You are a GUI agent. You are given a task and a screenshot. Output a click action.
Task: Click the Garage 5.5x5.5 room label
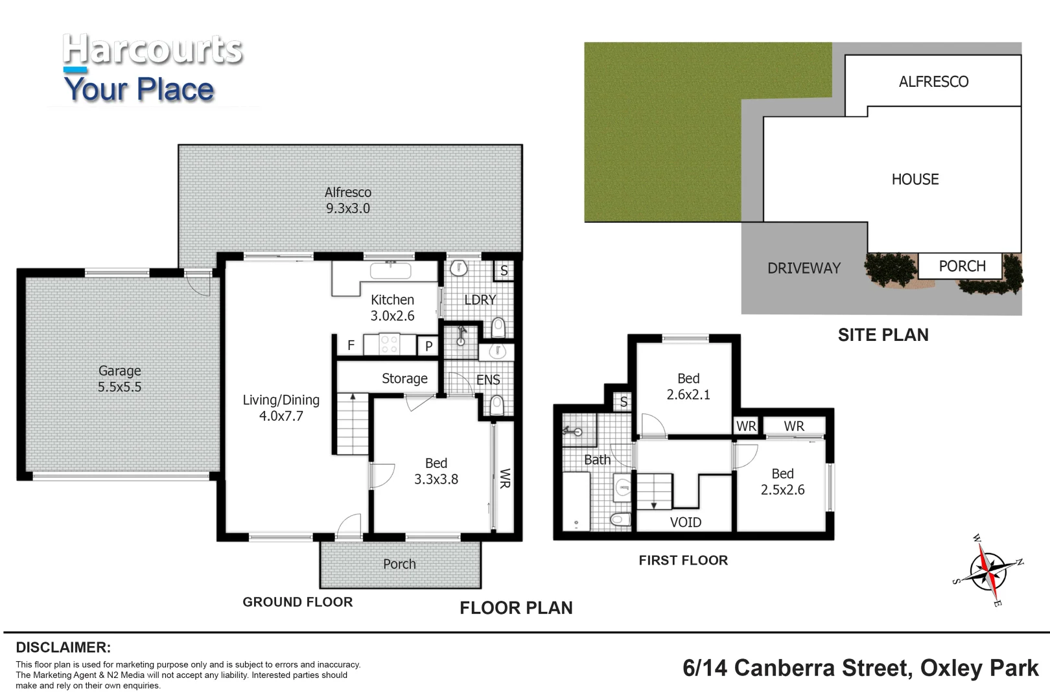(x=119, y=379)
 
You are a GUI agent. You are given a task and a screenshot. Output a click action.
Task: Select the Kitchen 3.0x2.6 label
(x=392, y=308)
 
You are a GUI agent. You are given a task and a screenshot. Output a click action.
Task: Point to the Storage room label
(x=404, y=379)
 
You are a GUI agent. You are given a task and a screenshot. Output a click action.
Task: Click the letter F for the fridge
(x=351, y=346)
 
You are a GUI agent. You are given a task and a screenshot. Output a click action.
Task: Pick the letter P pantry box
(x=428, y=346)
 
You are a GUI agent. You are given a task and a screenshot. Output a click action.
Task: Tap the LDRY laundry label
(x=480, y=300)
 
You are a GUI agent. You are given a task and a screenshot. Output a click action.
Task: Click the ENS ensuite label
(x=488, y=380)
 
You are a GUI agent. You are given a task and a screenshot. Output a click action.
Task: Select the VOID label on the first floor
(x=685, y=522)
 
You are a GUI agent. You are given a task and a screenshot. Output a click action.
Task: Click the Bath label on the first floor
(x=597, y=460)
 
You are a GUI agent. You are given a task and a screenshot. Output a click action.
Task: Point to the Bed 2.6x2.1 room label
(x=688, y=386)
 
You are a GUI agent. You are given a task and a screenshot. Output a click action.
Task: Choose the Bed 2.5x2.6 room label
(x=782, y=482)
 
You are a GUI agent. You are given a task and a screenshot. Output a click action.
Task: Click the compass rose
(x=988, y=570)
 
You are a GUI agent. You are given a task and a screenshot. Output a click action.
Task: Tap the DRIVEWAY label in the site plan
(x=804, y=268)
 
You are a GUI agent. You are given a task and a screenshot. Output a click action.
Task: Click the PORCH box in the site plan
(x=960, y=266)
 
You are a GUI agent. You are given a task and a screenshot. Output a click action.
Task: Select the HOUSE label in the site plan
(x=915, y=180)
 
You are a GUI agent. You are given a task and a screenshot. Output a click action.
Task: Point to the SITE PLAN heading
(x=883, y=335)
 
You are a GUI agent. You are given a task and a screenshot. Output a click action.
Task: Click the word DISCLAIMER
(x=64, y=647)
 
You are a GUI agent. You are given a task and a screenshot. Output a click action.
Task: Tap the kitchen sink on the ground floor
(x=390, y=270)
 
